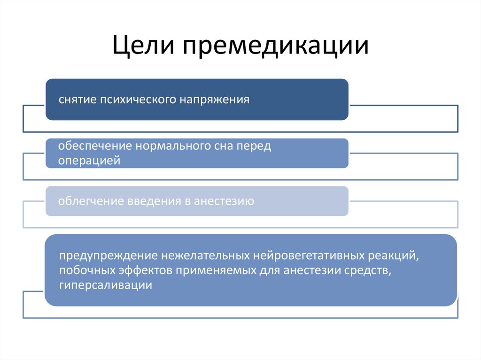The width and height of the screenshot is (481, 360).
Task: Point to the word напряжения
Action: click(x=214, y=100)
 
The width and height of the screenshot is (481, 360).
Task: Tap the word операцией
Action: click(x=89, y=161)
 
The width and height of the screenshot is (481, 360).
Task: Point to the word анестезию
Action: click(x=224, y=202)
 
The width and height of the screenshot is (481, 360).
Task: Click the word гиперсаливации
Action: click(x=105, y=285)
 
